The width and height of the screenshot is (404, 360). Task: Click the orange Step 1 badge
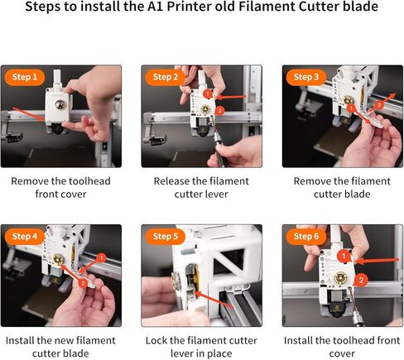(x=25, y=77)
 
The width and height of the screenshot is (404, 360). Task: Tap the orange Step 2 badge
(x=166, y=77)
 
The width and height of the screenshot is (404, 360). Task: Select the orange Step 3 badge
(x=306, y=77)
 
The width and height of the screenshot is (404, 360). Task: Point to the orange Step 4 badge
(x=25, y=237)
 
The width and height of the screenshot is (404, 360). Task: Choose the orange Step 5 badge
(x=166, y=237)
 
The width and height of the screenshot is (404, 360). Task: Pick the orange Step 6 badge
(x=306, y=237)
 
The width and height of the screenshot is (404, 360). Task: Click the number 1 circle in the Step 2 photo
(x=208, y=94)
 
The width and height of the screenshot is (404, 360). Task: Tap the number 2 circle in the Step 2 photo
(x=219, y=111)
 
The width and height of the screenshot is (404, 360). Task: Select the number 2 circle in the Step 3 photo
(x=379, y=105)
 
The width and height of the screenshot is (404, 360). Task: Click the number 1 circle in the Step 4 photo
(x=101, y=258)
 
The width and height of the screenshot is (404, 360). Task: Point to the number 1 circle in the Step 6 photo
(x=344, y=257)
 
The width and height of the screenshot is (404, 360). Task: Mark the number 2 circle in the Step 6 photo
(x=361, y=281)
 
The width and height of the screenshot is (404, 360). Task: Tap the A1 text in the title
(x=156, y=7)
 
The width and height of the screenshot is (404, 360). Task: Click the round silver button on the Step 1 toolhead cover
(x=60, y=105)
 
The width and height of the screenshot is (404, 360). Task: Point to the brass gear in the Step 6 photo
(x=339, y=278)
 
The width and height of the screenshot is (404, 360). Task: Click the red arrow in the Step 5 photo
(x=214, y=300)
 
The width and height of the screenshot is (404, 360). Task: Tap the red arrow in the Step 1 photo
(x=28, y=114)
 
